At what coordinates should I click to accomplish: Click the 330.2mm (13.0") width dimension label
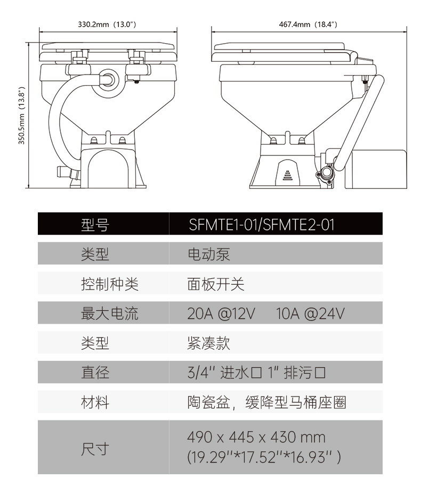pyautogui.click(x=108, y=24)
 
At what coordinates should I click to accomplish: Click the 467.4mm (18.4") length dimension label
pyautogui.click(x=308, y=24)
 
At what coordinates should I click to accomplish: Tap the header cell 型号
pyautogui.click(x=95, y=225)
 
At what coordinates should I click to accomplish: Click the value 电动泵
pyautogui.click(x=208, y=254)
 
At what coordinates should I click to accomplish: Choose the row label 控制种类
pyautogui.click(x=109, y=284)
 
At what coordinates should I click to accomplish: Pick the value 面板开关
pyautogui.click(x=215, y=284)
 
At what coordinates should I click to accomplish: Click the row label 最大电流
pyautogui.click(x=109, y=313)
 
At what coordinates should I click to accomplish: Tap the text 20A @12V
pyautogui.click(x=221, y=313)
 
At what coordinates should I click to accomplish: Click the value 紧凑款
pyautogui.click(x=208, y=343)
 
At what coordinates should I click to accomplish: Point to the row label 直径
pyautogui.click(x=95, y=373)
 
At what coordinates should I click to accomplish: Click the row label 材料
pyautogui.click(x=95, y=402)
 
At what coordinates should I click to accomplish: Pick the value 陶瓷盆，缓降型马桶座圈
pyautogui.click(x=266, y=402)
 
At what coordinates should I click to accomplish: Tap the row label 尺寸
pyautogui.click(x=95, y=449)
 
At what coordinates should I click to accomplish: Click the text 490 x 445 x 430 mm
pyautogui.click(x=256, y=438)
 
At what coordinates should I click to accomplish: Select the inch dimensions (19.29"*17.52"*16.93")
pyautogui.click(x=264, y=457)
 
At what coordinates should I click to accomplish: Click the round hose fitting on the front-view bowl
pyautogui.click(x=109, y=78)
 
